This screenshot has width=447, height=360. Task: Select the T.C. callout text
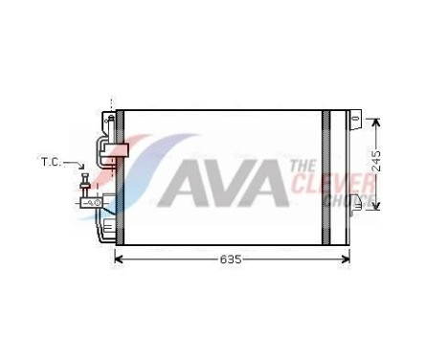(x=52, y=162)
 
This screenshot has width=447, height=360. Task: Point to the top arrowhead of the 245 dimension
(x=375, y=122)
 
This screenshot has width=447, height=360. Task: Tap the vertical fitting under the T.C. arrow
(x=86, y=186)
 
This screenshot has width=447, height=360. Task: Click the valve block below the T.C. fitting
(x=92, y=202)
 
